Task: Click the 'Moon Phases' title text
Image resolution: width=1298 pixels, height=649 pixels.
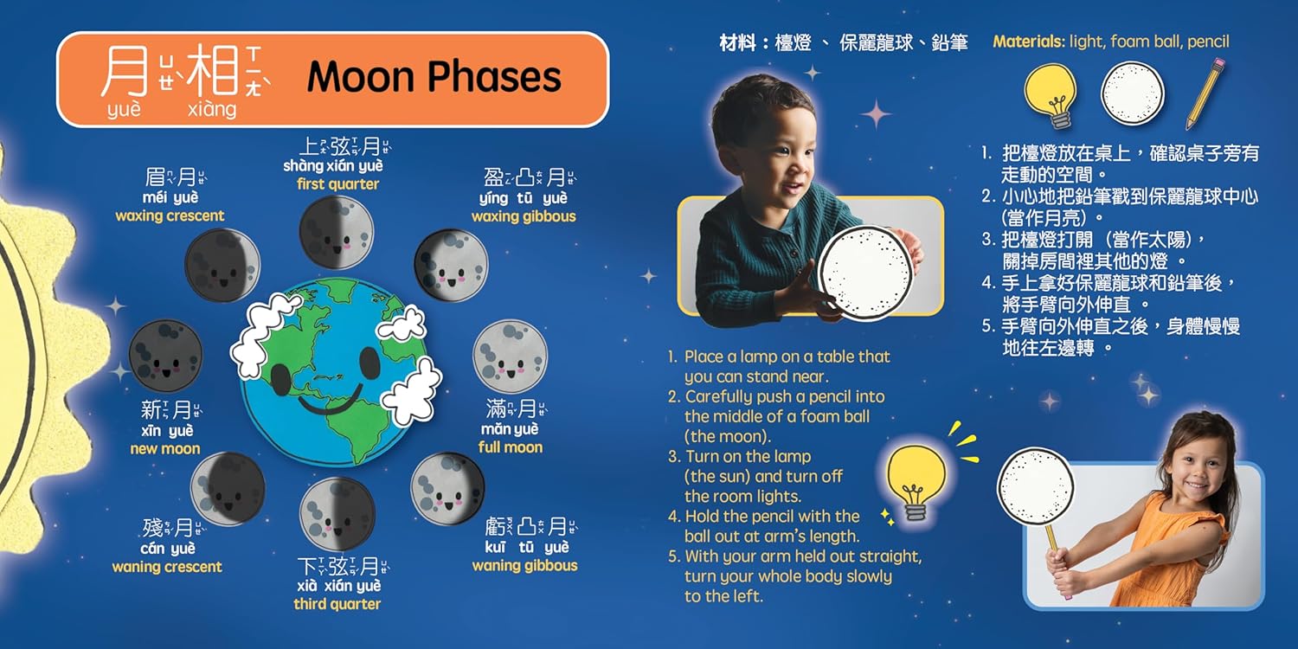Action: pyautogui.click(x=434, y=77)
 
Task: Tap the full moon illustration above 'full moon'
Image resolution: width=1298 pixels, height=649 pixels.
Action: pyautogui.click(x=510, y=357)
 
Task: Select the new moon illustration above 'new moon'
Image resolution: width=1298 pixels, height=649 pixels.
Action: pyautogui.click(x=166, y=355)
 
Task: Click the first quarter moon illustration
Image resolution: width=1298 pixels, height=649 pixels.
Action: pyautogui.click(x=336, y=233)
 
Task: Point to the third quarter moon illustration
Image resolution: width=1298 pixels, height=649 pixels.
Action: pyautogui.click(x=337, y=514)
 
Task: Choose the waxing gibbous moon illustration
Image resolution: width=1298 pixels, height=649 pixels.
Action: pyautogui.click(x=452, y=266)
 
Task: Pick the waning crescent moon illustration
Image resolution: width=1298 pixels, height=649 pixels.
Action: pyautogui.click(x=228, y=489)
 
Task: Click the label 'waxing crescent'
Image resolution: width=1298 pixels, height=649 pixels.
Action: pyautogui.click(x=170, y=215)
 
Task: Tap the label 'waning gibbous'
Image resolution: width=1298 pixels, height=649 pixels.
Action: pyautogui.click(x=524, y=566)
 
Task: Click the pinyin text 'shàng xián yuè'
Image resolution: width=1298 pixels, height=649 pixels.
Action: pyautogui.click(x=333, y=166)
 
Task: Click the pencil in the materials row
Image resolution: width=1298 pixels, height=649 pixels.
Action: pyautogui.click(x=1205, y=93)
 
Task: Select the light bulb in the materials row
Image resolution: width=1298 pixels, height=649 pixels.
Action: pyautogui.click(x=1051, y=95)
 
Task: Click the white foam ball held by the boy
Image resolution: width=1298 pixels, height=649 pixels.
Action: pyautogui.click(x=865, y=273)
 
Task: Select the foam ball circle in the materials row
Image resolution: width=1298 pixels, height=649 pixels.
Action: pyautogui.click(x=1132, y=93)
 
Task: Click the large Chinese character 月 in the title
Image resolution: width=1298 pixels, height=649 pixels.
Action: pyautogui.click(x=125, y=72)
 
